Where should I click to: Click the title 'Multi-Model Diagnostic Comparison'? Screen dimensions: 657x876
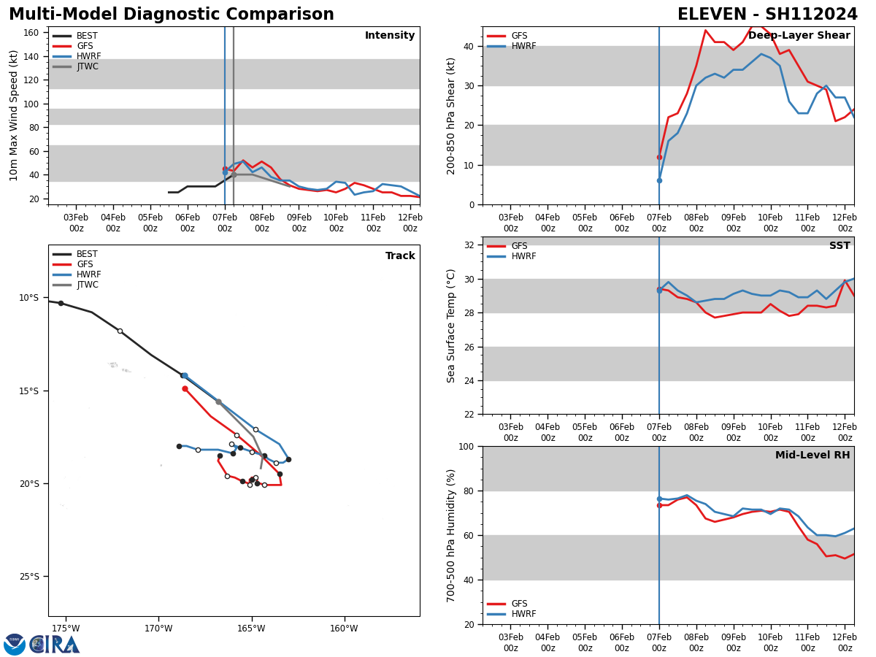pyautogui.click(x=172, y=15)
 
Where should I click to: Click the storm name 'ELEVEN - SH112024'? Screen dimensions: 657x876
pyautogui.click(x=767, y=15)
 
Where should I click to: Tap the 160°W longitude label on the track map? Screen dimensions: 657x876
pyautogui.click(x=344, y=629)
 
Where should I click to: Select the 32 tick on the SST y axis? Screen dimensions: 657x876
pyautogui.click(x=469, y=245)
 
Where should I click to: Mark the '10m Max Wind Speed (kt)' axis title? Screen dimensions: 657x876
pyautogui.click(x=15, y=115)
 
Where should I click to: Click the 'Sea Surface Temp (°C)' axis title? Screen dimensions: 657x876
pyautogui.click(x=451, y=326)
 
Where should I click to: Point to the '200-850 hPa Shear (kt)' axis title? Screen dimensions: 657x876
pyautogui.click(x=451, y=115)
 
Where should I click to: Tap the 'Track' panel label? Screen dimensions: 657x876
pyautogui.click(x=400, y=256)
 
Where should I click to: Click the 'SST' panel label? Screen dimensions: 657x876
pyautogui.click(x=839, y=246)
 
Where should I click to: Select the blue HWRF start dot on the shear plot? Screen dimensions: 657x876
pyautogui.click(x=659, y=180)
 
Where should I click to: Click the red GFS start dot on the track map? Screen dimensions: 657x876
pyautogui.click(x=185, y=388)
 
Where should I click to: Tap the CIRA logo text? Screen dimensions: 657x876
pyautogui.click(x=55, y=645)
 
